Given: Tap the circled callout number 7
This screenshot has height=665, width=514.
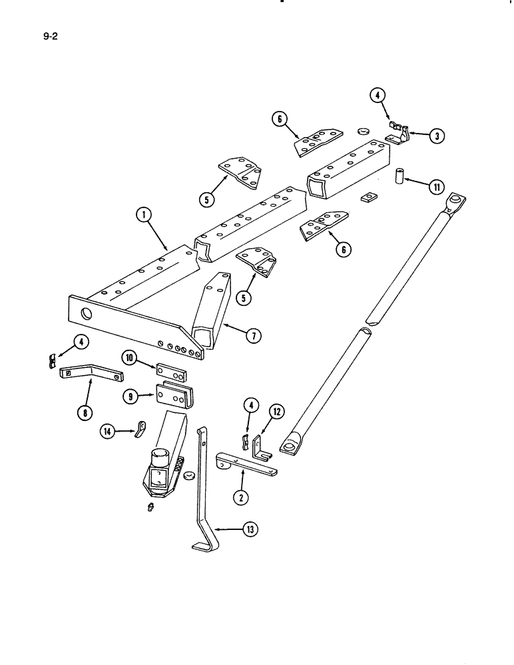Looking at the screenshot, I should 253,336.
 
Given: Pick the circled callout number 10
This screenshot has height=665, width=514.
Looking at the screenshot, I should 129,358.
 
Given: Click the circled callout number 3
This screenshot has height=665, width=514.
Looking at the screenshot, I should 435,136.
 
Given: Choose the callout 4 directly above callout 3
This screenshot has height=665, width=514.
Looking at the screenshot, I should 378,96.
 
